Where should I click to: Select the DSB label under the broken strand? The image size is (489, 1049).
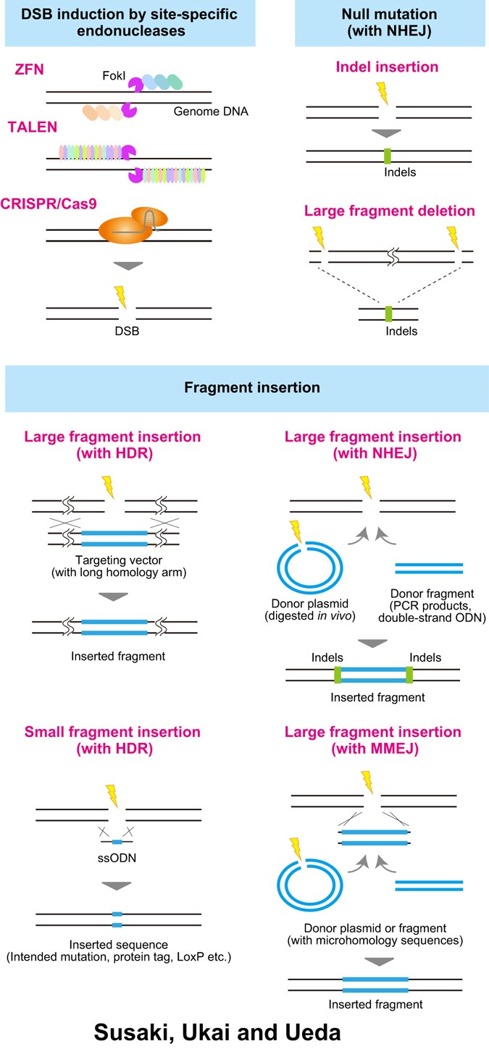click(128, 337)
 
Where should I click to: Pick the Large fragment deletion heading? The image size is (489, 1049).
click(389, 211)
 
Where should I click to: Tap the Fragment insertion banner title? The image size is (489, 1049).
click(244, 389)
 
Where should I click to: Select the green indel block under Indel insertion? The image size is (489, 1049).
click(388, 155)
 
